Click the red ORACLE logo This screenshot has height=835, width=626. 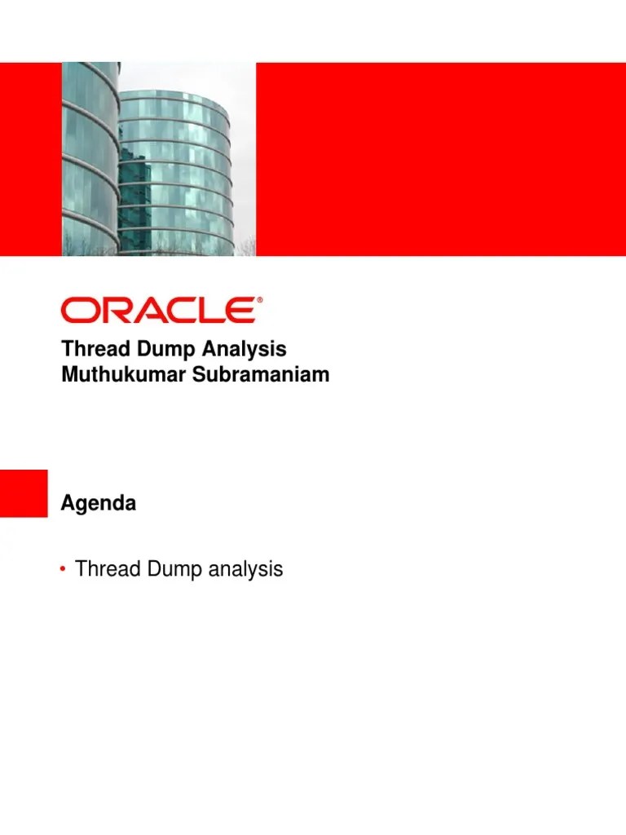(158, 311)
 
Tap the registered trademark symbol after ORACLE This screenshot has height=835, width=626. (260, 301)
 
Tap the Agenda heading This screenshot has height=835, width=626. (99, 505)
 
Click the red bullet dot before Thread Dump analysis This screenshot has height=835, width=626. (64, 569)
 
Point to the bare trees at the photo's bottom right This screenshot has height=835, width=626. (247, 244)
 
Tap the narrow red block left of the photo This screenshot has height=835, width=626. (30, 159)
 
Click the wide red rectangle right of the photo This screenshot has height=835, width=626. (440, 159)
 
